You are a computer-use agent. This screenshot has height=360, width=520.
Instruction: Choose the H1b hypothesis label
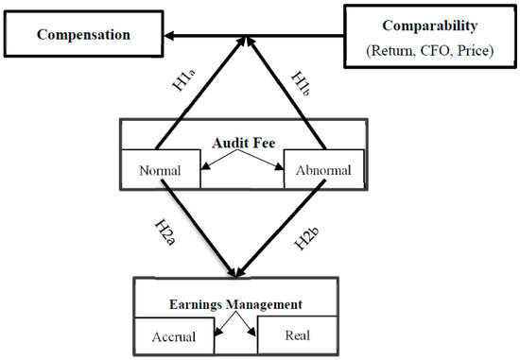tap(308, 80)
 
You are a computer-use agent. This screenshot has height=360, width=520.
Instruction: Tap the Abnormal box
tap(325, 172)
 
